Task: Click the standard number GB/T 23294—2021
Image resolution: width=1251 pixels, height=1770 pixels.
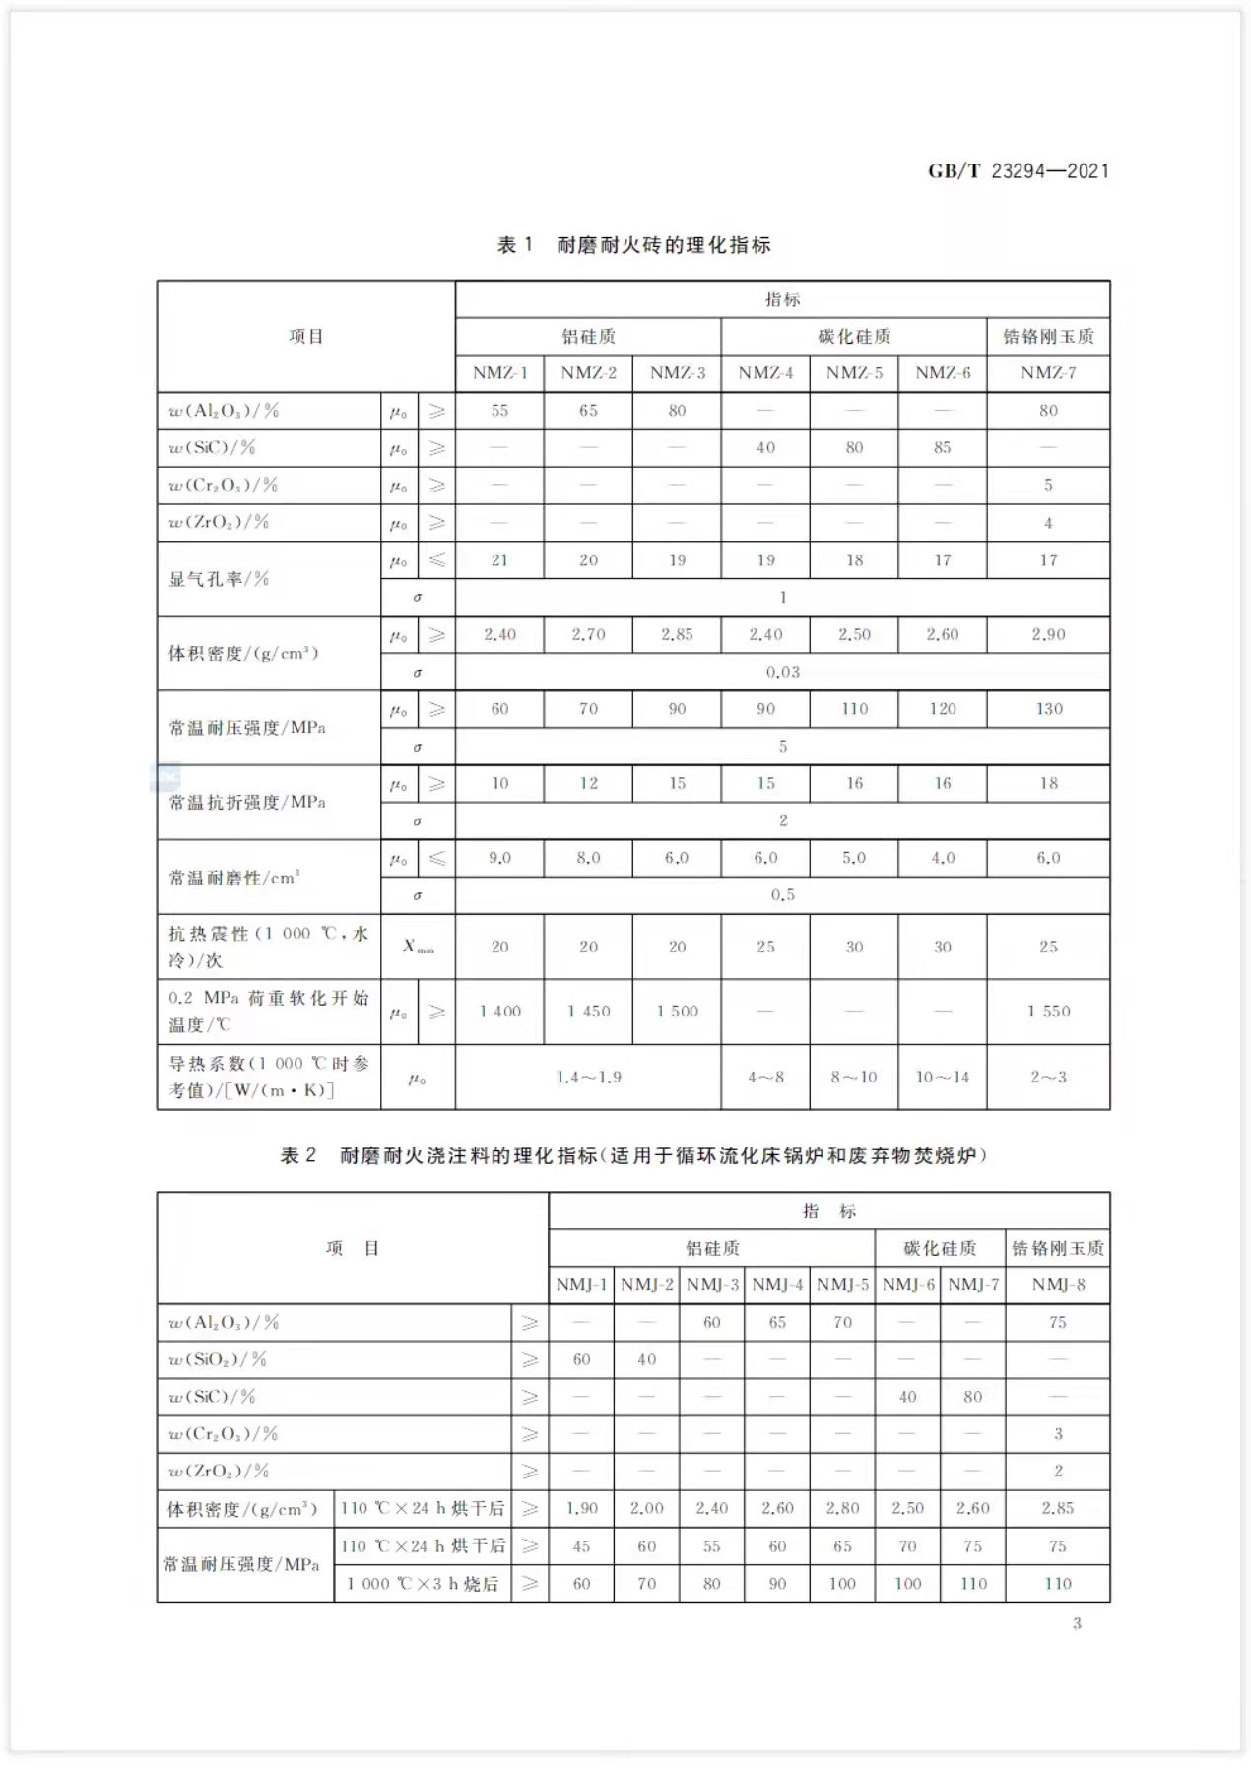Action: pos(1018,171)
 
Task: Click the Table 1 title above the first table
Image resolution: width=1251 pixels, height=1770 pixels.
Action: pos(633,245)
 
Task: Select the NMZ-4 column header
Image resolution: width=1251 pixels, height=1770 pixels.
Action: pos(765,373)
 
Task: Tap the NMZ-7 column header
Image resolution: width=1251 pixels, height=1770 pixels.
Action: pos(1048,373)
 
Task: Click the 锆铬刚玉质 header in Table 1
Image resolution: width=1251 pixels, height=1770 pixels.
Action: pos(1048,337)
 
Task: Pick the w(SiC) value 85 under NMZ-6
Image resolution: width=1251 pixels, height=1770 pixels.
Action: pos(943,448)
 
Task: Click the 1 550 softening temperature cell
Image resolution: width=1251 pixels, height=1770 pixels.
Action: pos(1048,1012)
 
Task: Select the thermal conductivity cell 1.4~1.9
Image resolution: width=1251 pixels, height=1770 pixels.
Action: pos(588,1078)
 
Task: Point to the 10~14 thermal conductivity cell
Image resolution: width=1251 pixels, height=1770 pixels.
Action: pos(943,1078)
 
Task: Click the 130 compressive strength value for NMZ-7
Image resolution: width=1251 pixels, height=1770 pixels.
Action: pos(1048,709)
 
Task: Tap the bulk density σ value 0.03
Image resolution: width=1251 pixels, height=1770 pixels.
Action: pos(783,672)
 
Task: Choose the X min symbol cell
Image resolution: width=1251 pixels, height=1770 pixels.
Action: pos(418,947)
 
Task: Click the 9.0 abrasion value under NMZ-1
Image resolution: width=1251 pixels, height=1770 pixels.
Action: pos(499,858)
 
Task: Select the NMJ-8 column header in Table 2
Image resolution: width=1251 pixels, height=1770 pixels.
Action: pos(1058,1285)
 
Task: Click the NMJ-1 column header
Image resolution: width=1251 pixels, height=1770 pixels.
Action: pos(581,1285)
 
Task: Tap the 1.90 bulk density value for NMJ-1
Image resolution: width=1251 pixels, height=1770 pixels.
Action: pos(581,1509)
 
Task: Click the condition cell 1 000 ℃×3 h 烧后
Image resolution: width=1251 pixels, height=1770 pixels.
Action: pos(423,1584)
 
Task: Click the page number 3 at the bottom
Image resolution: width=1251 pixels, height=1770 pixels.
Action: pos(1077,1623)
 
